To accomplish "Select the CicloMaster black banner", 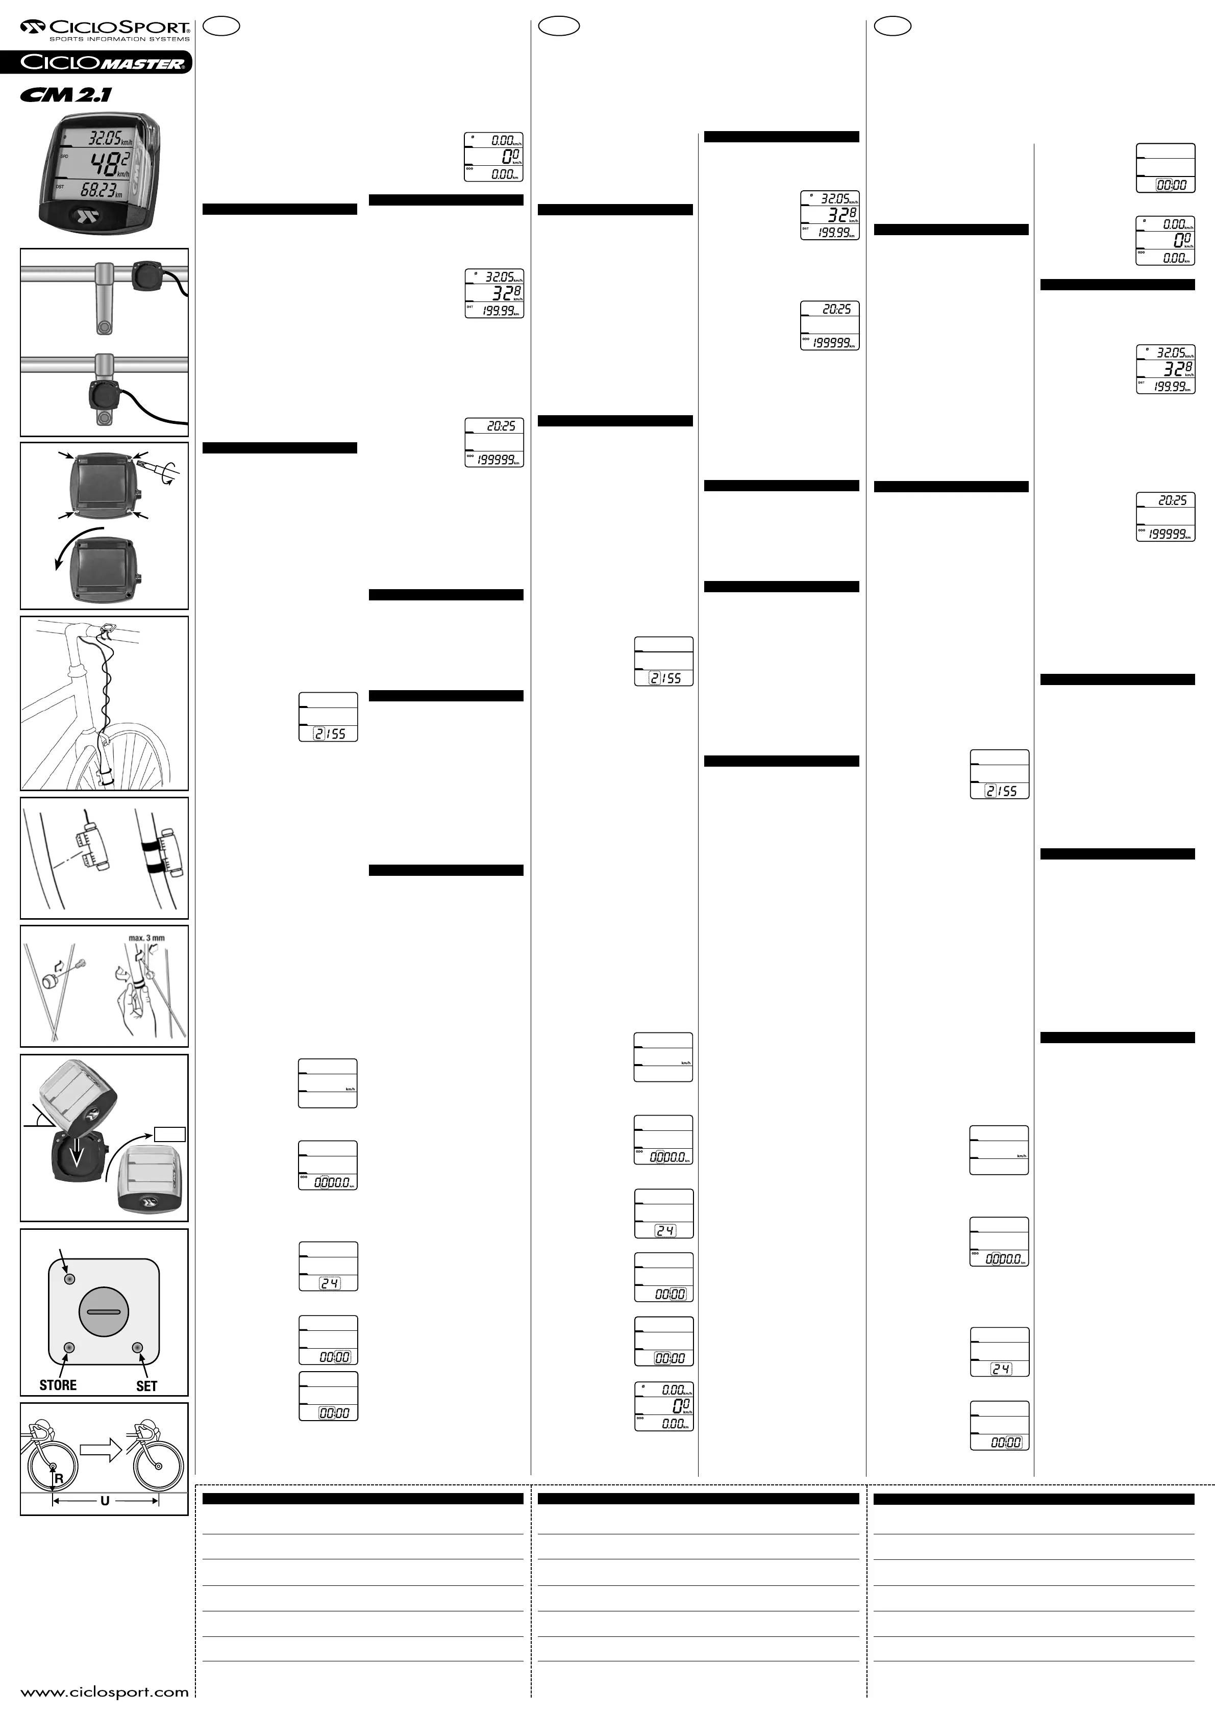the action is click(x=96, y=62).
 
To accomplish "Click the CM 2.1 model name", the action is click(x=67, y=94).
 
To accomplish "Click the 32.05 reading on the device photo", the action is click(x=105, y=138).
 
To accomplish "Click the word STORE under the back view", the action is click(x=58, y=1384).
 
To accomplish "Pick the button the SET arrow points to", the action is click(x=137, y=1348).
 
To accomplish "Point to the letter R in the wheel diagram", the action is click(x=58, y=1479).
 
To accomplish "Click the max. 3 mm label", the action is click(x=147, y=938).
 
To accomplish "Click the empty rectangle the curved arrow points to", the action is click(x=170, y=1134).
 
